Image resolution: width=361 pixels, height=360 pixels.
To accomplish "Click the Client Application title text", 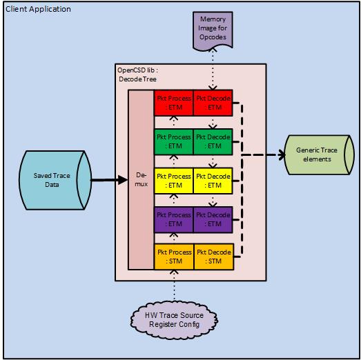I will [37, 8].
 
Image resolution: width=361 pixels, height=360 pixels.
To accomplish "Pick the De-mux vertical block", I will [140, 181].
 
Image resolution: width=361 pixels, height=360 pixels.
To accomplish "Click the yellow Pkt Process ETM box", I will [174, 181].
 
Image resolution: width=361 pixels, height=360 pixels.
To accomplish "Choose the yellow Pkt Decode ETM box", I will [214, 181].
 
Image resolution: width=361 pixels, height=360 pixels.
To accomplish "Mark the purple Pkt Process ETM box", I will [174, 219].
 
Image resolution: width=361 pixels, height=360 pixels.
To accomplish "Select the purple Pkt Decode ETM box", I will [214, 219].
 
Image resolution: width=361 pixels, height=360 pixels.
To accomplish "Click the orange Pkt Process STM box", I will [174, 257].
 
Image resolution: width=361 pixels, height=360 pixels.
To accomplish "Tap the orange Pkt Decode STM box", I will [214, 257].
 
